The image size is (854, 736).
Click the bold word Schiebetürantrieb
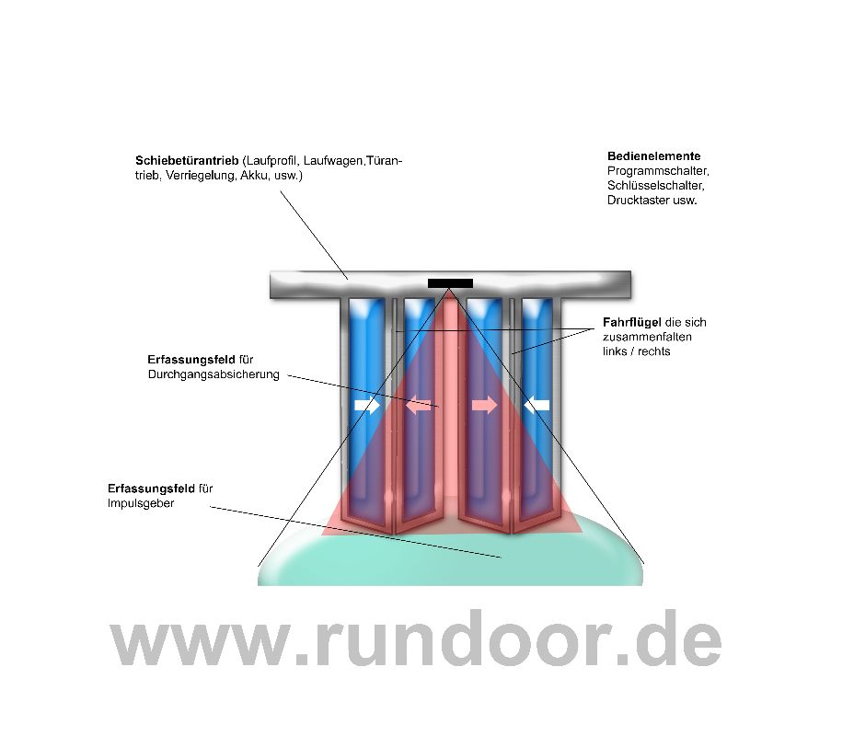187,161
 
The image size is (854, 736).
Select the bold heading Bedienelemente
653,156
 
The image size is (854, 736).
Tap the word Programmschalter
658,171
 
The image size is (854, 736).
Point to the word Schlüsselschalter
656,186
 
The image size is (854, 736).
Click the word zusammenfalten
647,337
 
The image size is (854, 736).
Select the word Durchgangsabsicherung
213,374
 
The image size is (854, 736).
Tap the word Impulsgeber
141,503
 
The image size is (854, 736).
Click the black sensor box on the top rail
450,283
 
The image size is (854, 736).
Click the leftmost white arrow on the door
367,405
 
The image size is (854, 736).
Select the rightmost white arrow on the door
537,405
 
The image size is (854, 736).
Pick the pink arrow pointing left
419,405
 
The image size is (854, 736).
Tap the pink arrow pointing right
484,405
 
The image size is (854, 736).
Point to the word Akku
254,176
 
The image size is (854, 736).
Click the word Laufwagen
333,161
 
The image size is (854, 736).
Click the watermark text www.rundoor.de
416,638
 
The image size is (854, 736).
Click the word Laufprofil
271,161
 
